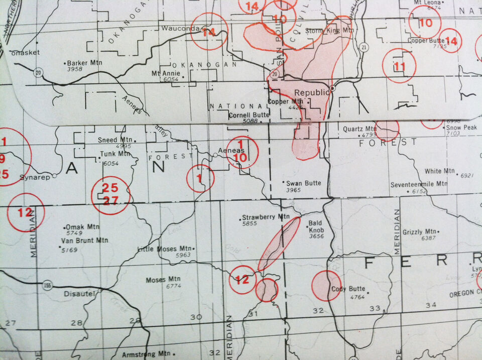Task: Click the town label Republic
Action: pos(311,93)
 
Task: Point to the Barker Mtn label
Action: pos(84,63)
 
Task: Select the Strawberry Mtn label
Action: pos(266,217)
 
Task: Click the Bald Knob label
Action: pos(315,225)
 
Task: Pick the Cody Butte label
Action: pos(348,289)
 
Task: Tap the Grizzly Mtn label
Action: pos(419,232)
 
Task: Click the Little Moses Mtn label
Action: pos(165,249)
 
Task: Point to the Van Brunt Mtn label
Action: pos(84,241)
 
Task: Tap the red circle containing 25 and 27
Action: pos(110,195)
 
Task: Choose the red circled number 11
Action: pos(399,66)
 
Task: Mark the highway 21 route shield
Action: pos(362,47)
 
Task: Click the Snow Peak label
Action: pos(461,128)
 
